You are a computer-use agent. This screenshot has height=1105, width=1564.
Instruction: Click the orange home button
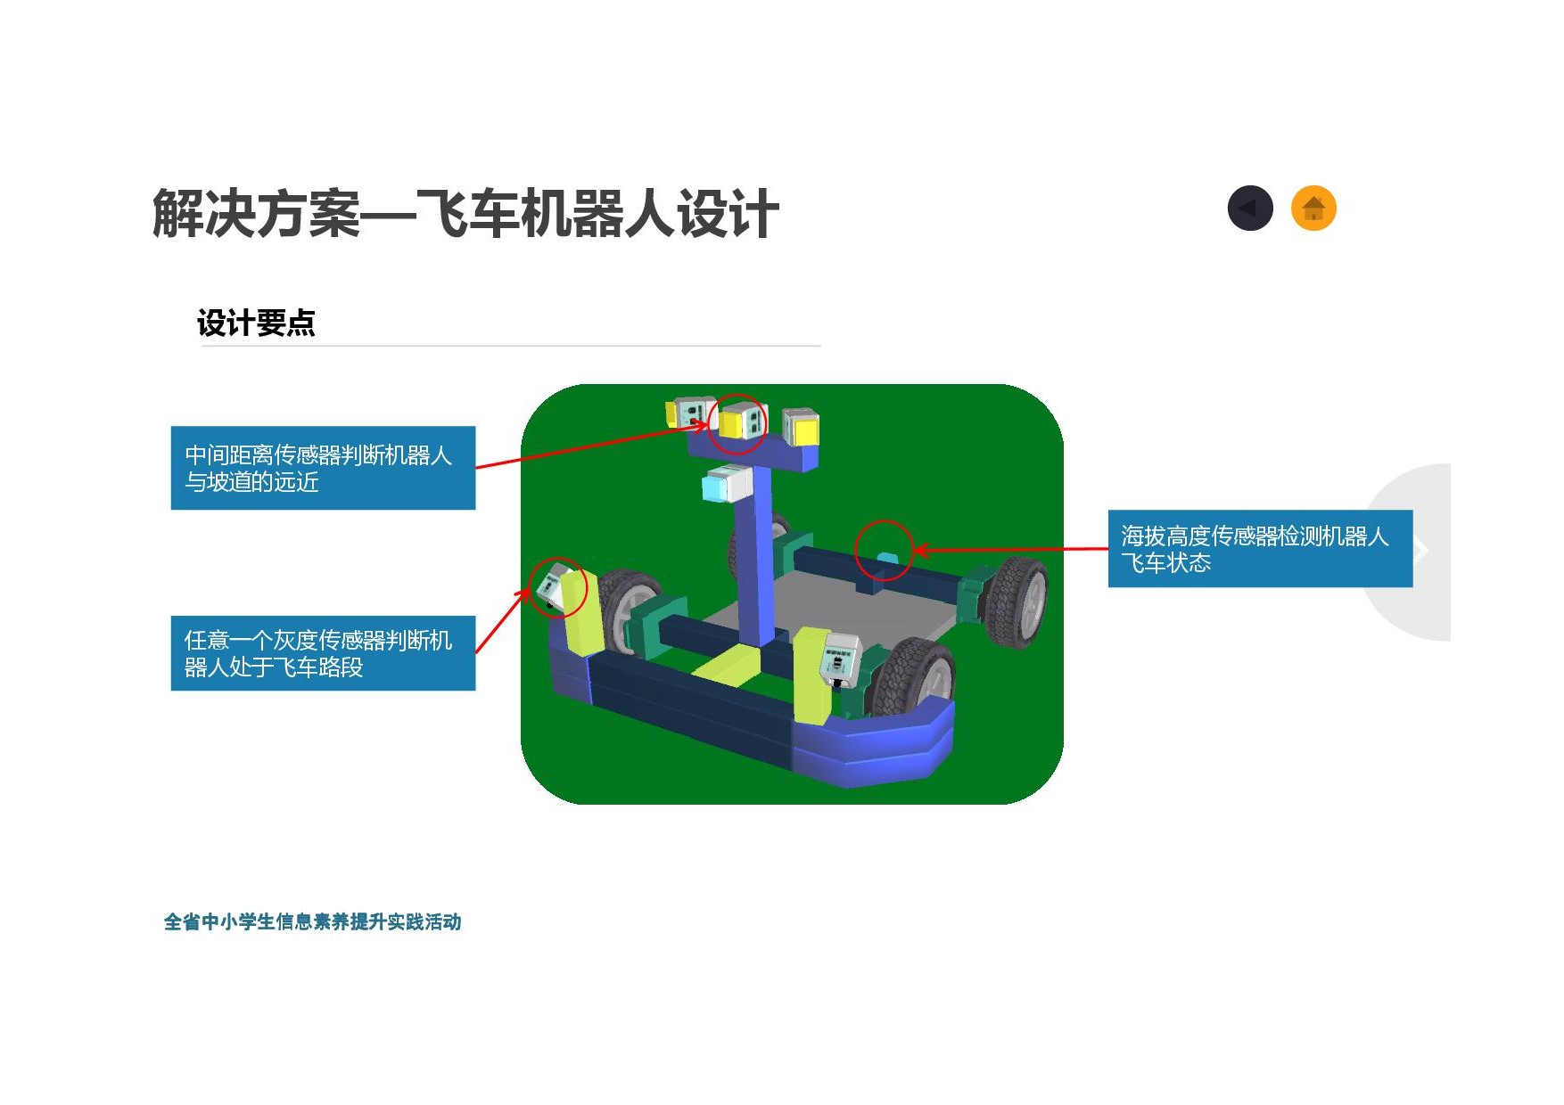[1313, 209]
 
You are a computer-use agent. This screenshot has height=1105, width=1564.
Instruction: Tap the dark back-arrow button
[1250, 209]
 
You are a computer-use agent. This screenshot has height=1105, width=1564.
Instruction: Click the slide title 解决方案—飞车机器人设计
[465, 214]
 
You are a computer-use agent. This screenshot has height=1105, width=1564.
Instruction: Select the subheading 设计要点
[256, 323]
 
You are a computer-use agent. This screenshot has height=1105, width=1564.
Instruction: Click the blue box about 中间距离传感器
[323, 468]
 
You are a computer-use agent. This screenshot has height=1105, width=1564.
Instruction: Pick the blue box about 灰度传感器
[323, 653]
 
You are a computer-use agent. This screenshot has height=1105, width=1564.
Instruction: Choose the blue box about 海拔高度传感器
[1260, 548]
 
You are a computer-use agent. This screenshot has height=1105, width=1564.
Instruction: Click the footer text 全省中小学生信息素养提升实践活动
[312, 921]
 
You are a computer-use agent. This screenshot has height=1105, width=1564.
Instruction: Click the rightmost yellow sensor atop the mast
[801, 428]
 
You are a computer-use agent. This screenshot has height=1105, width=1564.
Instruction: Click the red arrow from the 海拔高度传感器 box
[1010, 550]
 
